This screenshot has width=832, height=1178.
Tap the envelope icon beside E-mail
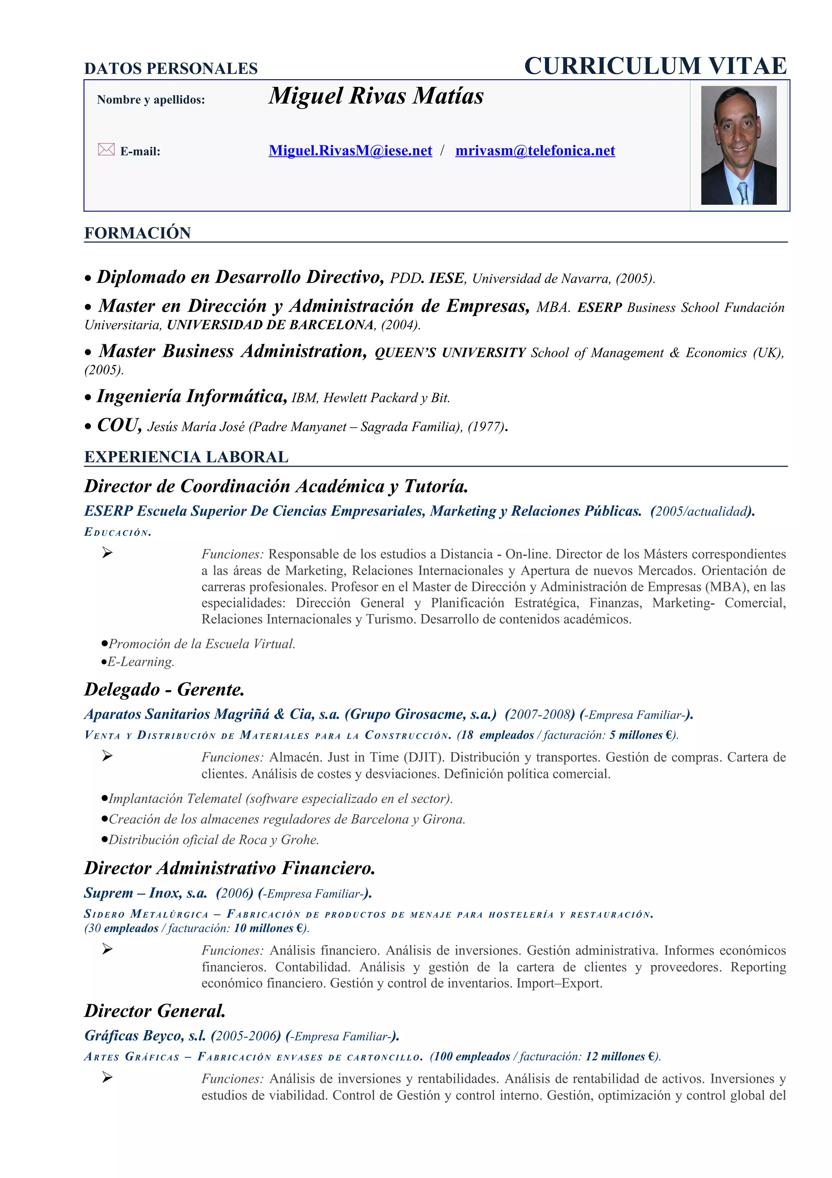[106, 149]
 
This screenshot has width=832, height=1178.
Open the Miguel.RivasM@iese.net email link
[350, 150]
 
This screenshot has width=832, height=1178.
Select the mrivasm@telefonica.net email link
[535, 150]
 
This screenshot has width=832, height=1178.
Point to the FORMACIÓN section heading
[137, 233]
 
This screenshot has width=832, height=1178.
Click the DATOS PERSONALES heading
[171, 68]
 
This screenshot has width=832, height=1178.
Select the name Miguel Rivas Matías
[376, 96]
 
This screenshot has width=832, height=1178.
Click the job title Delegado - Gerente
[164, 689]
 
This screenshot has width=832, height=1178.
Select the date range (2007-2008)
[538, 714]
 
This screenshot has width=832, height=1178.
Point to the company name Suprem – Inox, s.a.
[145, 893]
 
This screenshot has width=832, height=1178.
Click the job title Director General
[155, 1011]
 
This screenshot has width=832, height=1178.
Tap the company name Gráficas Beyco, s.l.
[145, 1035]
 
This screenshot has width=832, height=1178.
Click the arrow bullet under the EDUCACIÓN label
[106, 552]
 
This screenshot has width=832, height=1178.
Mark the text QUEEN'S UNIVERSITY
[450, 353]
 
